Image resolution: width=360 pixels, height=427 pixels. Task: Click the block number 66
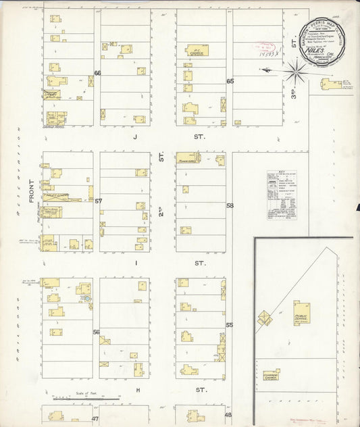97,73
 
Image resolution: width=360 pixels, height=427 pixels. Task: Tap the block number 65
230,81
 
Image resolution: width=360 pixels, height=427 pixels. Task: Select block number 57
98,201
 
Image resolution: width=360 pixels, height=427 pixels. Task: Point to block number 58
230,205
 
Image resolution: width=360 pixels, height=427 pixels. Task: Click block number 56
97,332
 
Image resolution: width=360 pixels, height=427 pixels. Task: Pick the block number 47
95,419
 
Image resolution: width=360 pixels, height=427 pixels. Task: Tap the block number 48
228,415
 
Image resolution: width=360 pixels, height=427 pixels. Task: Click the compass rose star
295,70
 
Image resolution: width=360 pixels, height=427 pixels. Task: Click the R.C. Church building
197,50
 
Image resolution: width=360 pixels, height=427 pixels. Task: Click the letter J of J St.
135,136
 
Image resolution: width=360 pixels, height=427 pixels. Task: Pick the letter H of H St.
137,391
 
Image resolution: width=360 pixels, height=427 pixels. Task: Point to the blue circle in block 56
86,298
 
